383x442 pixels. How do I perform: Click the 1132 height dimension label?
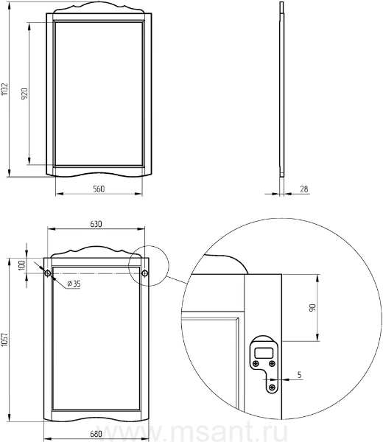[x=4, y=89]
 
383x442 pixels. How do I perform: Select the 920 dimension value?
[x=24, y=94]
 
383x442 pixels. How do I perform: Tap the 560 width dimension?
[x=99, y=189]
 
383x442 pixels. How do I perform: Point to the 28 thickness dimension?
[x=304, y=189]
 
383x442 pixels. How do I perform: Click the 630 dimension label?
[x=96, y=224]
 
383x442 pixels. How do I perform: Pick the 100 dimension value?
[x=21, y=265]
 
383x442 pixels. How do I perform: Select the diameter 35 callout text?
[x=74, y=284]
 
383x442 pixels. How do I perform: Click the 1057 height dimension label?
[x=4, y=340]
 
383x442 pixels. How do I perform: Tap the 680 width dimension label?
[x=96, y=434]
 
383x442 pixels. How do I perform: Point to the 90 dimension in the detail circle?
[x=312, y=307]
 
